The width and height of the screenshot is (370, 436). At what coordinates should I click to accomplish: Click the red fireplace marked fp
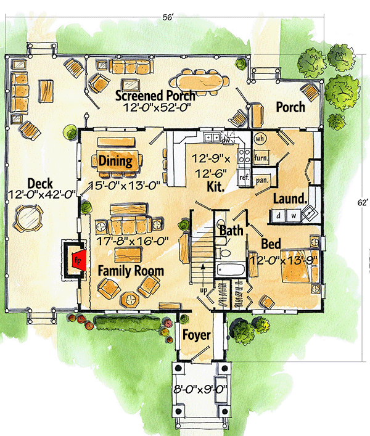[76, 259]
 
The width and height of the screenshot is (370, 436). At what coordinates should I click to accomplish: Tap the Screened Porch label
[156, 96]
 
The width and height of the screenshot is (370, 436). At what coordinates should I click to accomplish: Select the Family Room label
[130, 270]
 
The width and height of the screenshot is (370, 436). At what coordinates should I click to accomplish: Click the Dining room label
[115, 162]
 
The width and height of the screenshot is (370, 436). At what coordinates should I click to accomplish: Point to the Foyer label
[196, 335]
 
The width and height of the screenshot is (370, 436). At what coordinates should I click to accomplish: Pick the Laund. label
[289, 199]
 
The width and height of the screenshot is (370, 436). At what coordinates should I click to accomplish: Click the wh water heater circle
[260, 138]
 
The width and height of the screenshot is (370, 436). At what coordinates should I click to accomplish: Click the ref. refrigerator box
[244, 176]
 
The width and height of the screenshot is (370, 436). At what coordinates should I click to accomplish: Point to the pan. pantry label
[261, 180]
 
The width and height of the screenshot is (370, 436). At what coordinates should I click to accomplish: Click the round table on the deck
[28, 218]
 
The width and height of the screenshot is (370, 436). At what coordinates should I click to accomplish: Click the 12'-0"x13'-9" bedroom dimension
[283, 260]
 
